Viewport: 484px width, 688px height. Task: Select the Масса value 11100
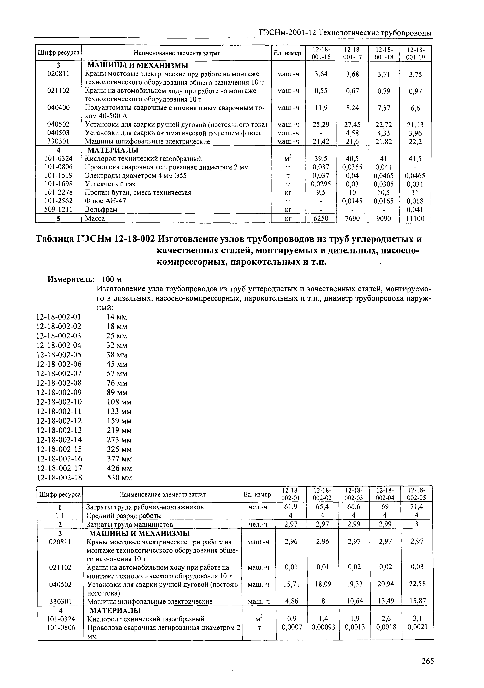click(x=415, y=218)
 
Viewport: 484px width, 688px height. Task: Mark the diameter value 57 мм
click(x=117, y=374)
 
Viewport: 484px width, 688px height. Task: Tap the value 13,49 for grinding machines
click(x=385, y=601)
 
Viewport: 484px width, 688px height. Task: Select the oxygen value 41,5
click(x=415, y=159)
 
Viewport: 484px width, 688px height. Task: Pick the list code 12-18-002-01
click(x=59, y=317)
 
